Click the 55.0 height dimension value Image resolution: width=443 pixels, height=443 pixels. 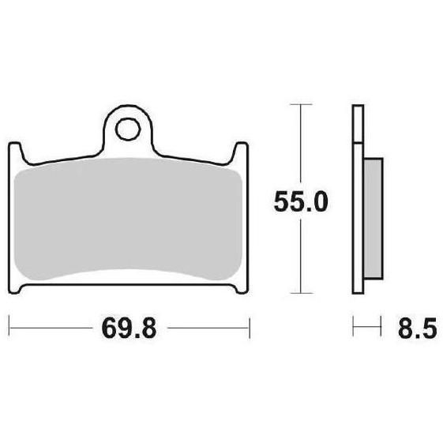pyautogui.click(x=301, y=201)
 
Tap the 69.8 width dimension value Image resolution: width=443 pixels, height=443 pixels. pyautogui.click(x=129, y=328)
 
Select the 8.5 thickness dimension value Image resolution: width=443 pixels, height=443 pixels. pyautogui.click(x=417, y=328)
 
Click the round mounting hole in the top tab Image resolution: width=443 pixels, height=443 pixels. pyautogui.click(x=128, y=130)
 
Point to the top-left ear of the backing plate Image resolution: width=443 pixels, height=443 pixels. pyautogui.click(x=16, y=152)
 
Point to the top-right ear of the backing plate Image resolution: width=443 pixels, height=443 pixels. pyautogui.click(x=241, y=152)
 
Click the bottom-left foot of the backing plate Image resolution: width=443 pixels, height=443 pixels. pyautogui.click(x=16, y=288)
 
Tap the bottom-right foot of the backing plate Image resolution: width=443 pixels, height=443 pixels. pyautogui.click(x=241, y=288)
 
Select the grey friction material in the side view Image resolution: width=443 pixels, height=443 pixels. pyautogui.click(x=374, y=219)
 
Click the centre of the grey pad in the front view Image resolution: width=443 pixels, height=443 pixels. pyautogui.click(x=128, y=219)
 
